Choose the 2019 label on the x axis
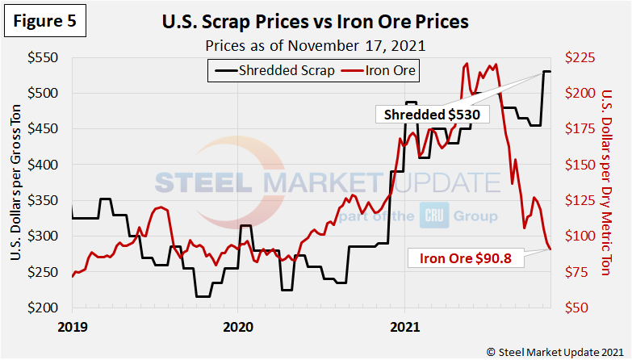pyautogui.click(x=72, y=328)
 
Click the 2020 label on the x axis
pyautogui.click(x=237, y=328)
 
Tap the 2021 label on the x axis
pyautogui.click(x=404, y=328)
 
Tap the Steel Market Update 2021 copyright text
pyautogui.click(x=554, y=351)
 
